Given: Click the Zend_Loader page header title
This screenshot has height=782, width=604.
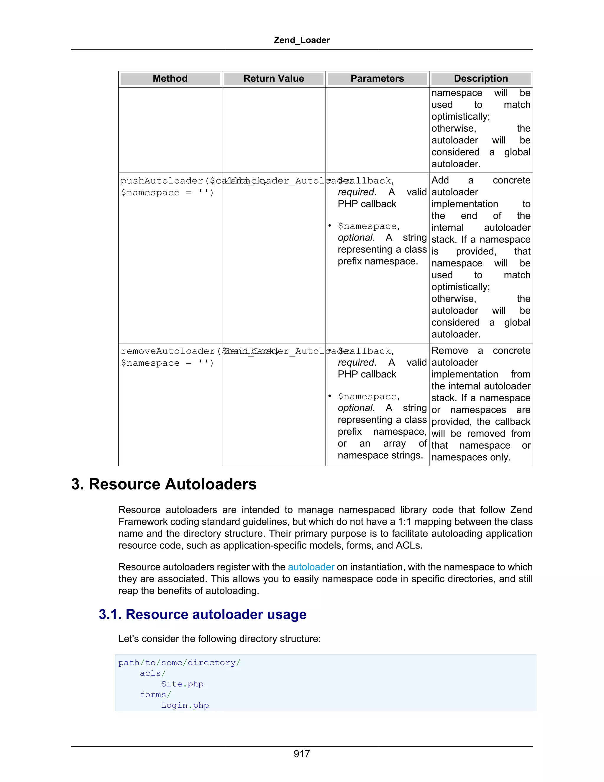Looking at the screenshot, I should (x=302, y=40).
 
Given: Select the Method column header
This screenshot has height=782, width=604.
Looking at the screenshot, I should (x=170, y=79).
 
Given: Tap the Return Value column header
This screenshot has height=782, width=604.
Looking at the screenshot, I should (x=274, y=79).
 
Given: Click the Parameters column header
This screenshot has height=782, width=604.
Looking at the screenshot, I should (x=377, y=79).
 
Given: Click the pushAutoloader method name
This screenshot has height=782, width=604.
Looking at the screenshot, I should (x=162, y=181).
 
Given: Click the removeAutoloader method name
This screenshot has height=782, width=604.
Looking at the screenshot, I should (x=168, y=351).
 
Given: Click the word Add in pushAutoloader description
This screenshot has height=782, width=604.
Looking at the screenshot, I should (x=440, y=180).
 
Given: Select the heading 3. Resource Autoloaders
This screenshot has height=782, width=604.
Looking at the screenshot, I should (x=164, y=484).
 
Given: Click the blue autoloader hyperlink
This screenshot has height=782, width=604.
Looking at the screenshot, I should (x=311, y=567).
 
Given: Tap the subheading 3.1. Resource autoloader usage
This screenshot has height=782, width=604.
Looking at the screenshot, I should (x=203, y=614).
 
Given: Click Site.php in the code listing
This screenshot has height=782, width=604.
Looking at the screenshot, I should (x=182, y=684).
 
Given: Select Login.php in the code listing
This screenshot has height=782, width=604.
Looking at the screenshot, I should (x=185, y=705).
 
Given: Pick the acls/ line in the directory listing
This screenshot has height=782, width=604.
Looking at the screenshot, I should (x=153, y=673).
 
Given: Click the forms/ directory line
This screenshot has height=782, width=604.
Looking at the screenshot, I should (x=155, y=695).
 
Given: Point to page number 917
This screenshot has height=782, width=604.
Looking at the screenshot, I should (x=302, y=754).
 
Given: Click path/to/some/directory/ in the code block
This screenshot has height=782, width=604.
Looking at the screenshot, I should (x=179, y=663).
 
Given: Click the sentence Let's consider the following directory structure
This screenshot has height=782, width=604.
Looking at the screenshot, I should (x=219, y=639).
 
